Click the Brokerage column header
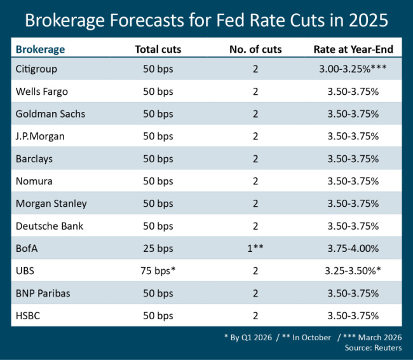40,49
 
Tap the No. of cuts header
255,49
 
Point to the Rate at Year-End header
353,49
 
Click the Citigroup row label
38,68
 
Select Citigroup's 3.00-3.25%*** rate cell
354,68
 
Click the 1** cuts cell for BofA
255,249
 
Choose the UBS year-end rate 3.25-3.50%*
354,271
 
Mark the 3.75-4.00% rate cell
354,249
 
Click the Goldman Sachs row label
50,113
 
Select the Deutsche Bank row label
49,226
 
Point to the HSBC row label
29,316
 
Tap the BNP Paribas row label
43,293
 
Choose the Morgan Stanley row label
51,204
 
